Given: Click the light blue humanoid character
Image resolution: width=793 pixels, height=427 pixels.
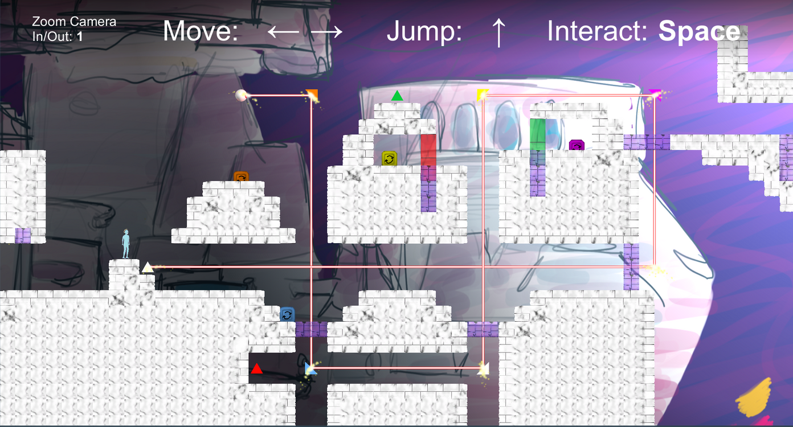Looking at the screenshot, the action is tap(126, 244).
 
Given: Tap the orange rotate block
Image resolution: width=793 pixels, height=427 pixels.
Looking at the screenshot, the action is tap(241, 176).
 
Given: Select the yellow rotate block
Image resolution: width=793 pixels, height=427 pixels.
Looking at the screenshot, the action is tap(389, 158).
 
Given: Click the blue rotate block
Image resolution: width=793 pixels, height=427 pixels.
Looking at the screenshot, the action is tap(287, 314).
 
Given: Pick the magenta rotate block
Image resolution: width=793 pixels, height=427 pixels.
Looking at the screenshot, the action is tap(577, 145).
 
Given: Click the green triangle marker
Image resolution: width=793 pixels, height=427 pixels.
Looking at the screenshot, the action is tap(397, 96).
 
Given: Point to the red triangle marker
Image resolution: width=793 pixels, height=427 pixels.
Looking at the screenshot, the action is tap(257, 368).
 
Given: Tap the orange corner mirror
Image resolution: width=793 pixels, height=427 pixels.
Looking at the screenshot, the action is tap(312, 95).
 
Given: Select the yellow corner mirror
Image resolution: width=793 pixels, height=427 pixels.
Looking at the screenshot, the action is tap(482, 95).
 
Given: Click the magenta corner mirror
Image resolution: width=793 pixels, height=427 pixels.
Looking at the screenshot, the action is tap(655, 94).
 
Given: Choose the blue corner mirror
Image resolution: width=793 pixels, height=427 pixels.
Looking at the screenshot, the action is tap(310, 368).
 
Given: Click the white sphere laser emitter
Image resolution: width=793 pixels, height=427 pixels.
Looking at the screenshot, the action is tap(242, 95).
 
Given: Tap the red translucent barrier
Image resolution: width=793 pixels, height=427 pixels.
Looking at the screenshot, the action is tap(428, 150).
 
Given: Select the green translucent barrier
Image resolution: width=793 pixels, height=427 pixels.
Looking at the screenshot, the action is tap(537, 134).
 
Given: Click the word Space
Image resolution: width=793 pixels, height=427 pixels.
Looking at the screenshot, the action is tap(699, 32).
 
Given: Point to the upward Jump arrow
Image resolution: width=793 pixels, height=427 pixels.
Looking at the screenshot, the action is tap(498, 32).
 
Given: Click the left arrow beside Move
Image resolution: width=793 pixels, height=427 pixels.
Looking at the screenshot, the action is tap(283, 32).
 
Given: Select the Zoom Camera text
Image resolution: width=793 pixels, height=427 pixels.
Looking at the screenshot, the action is tap(74, 22).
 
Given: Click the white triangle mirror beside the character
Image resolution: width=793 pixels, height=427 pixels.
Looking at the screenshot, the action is tap(148, 267).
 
